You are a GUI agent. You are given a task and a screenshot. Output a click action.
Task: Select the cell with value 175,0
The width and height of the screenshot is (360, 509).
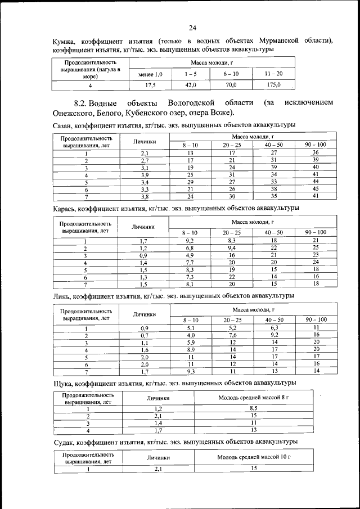[274, 85]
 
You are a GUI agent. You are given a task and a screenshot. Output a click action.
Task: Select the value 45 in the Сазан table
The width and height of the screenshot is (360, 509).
[316, 189]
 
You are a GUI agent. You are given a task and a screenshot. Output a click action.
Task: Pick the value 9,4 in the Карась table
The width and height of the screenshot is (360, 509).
[232, 247]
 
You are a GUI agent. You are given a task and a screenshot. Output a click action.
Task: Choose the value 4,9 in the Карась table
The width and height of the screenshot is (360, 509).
[190, 255]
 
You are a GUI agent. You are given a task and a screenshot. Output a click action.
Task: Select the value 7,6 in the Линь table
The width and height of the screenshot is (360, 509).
[232, 335]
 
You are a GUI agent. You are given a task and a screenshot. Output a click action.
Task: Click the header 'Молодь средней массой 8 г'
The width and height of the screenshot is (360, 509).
[253, 398]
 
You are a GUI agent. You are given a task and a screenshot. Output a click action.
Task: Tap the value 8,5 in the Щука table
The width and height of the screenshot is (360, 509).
[253, 408]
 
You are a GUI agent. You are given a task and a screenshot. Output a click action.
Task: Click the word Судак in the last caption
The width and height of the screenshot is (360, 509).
[64, 442]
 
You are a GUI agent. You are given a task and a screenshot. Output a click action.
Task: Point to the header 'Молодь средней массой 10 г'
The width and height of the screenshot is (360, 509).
[253, 457]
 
